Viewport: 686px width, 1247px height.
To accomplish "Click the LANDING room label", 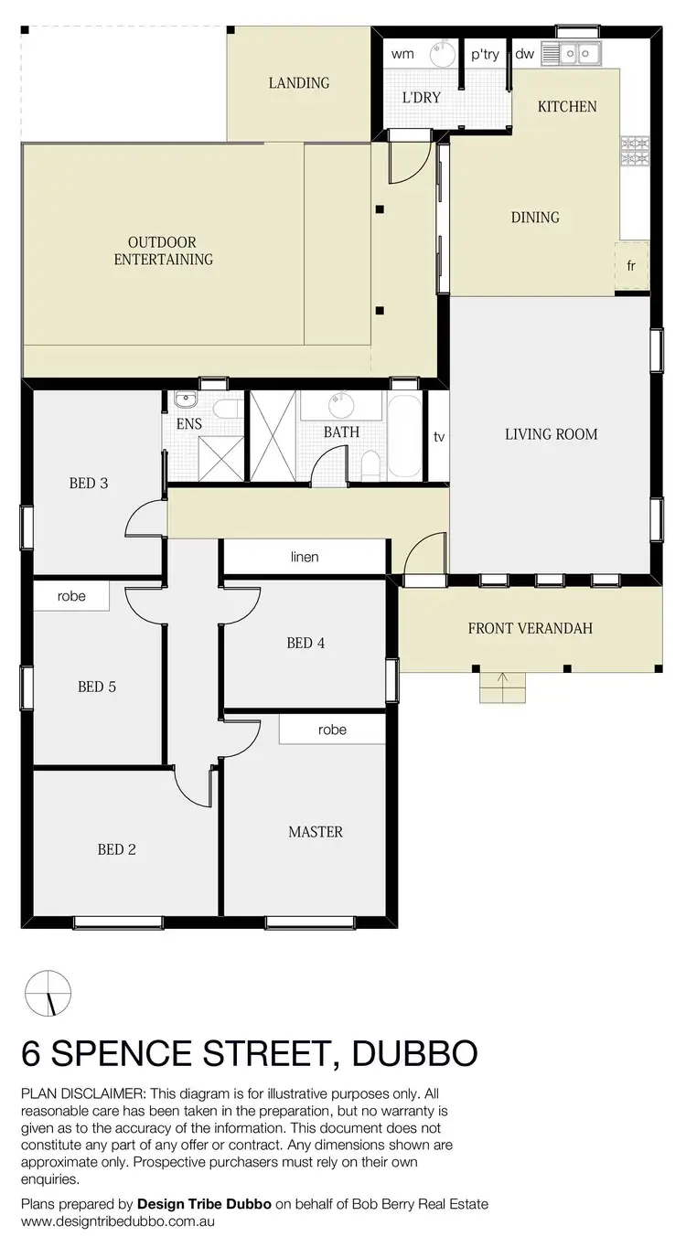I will [x=298, y=82].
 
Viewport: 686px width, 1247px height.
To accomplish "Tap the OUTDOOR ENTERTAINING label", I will [x=163, y=250].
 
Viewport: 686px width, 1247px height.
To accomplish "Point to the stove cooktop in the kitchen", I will [x=634, y=152].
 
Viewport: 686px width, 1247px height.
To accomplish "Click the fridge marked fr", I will [x=631, y=266].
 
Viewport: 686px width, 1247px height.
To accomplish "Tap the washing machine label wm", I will [x=402, y=54].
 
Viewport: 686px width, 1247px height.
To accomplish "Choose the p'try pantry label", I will [x=485, y=54].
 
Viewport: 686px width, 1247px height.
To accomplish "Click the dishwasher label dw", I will [x=524, y=54].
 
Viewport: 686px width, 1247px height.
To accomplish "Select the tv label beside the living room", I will [x=439, y=437].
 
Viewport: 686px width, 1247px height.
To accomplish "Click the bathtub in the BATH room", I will [x=405, y=436].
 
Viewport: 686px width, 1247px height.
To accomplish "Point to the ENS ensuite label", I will [x=189, y=424].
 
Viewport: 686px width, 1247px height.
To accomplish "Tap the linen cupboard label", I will [x=305, y=557].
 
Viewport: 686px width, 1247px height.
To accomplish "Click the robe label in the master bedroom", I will [x=332, y=730].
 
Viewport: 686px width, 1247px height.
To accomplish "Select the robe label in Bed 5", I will [x=71, y=596].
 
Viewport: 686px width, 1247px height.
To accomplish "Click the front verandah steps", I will [x=503, y=687].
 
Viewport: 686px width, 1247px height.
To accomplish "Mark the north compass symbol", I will [x=48, y=993].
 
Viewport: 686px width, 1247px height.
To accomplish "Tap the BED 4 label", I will [x=305, y=643].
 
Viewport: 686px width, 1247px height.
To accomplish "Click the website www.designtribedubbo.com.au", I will [x=118, y=1220].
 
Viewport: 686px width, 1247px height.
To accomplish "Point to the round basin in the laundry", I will [x=442, y=55].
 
